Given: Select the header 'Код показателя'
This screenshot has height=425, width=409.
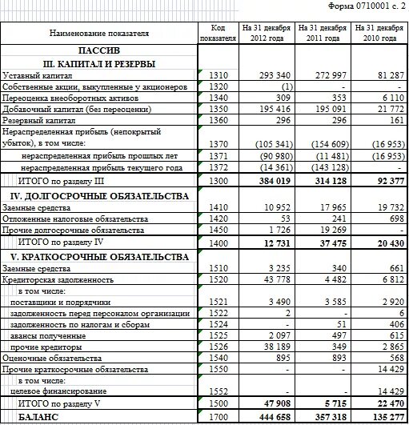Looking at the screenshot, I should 217,32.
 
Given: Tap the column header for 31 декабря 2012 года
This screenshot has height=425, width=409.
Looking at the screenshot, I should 267,32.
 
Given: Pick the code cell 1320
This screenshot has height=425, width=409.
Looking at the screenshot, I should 217,86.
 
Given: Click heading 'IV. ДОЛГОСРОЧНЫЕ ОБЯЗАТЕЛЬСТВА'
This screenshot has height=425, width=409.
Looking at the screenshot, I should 99,195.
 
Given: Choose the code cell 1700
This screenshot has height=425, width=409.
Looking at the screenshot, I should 217,417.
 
